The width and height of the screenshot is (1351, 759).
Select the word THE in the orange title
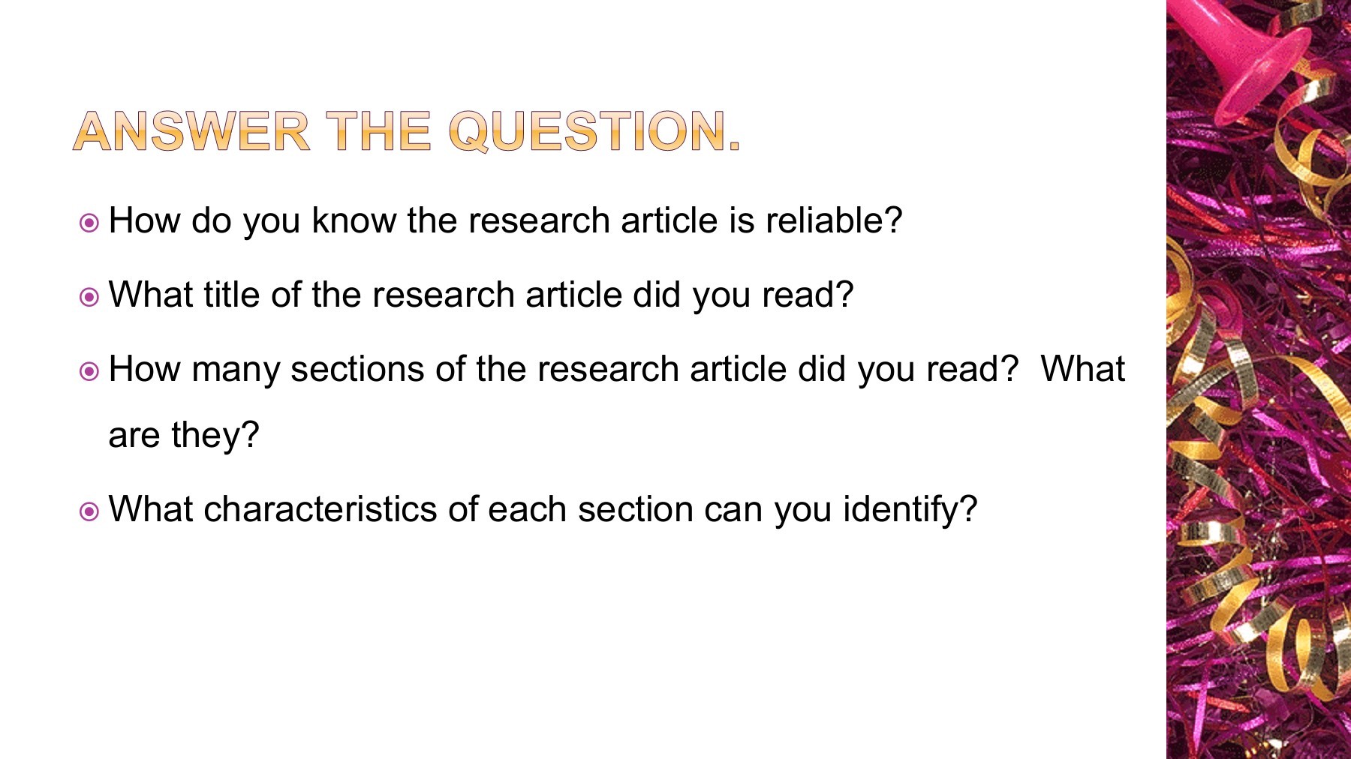(378, 131)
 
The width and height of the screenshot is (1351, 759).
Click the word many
(235, 370)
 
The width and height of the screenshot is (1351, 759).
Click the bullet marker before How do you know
(89, 223)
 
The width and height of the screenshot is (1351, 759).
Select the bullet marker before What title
(89, 297)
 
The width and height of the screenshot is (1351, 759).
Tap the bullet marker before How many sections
(89, 371)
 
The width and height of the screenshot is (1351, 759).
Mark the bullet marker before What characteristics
(89, 511)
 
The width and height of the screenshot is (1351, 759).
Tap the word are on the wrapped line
(134, 436)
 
